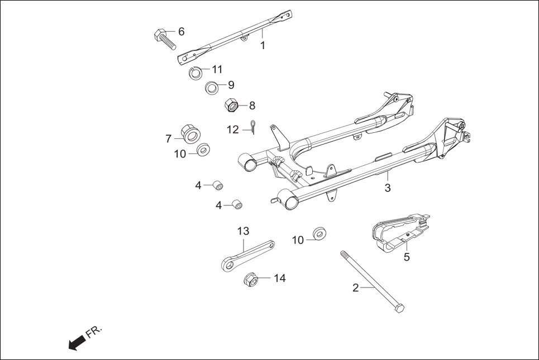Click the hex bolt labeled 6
click(x=164, y=39)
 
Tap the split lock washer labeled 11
click(x=195, y=73)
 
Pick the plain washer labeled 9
click(x=212, y=88)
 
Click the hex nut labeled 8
click(x=232, y=104)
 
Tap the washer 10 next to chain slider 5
click(x=320, y=233)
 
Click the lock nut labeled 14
click(x=251, y=279)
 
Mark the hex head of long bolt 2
click(x=399, y=308)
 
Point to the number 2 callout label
click(x=356, y=288)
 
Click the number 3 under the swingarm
click(x=387, y=188)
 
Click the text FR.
click(x=95, y=332)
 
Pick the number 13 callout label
click(x=243, y=231)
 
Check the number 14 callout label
click(x=279, y=278)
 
